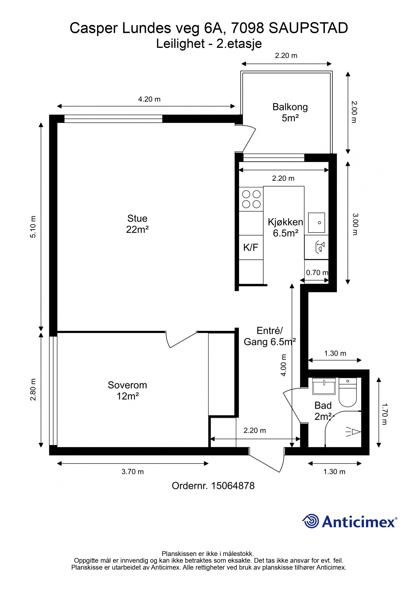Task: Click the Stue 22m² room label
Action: (137, 224)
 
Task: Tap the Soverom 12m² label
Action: (127, 390)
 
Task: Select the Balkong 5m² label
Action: (290, 112)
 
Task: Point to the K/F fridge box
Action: (251, 247)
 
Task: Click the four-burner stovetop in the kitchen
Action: (251, 199)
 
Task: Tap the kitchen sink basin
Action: (317, 223)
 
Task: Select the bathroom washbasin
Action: (324, 386)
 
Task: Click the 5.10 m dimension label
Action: (33, 227)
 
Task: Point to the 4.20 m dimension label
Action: (149, 99)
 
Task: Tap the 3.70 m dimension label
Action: (132, 472)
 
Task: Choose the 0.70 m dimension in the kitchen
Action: (317, 273)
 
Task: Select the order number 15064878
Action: (233, 486)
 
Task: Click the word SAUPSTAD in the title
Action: (308, 28)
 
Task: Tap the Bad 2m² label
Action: (323, 411)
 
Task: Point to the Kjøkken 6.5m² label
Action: (286, 227)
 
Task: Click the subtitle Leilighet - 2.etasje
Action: (209, 44)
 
